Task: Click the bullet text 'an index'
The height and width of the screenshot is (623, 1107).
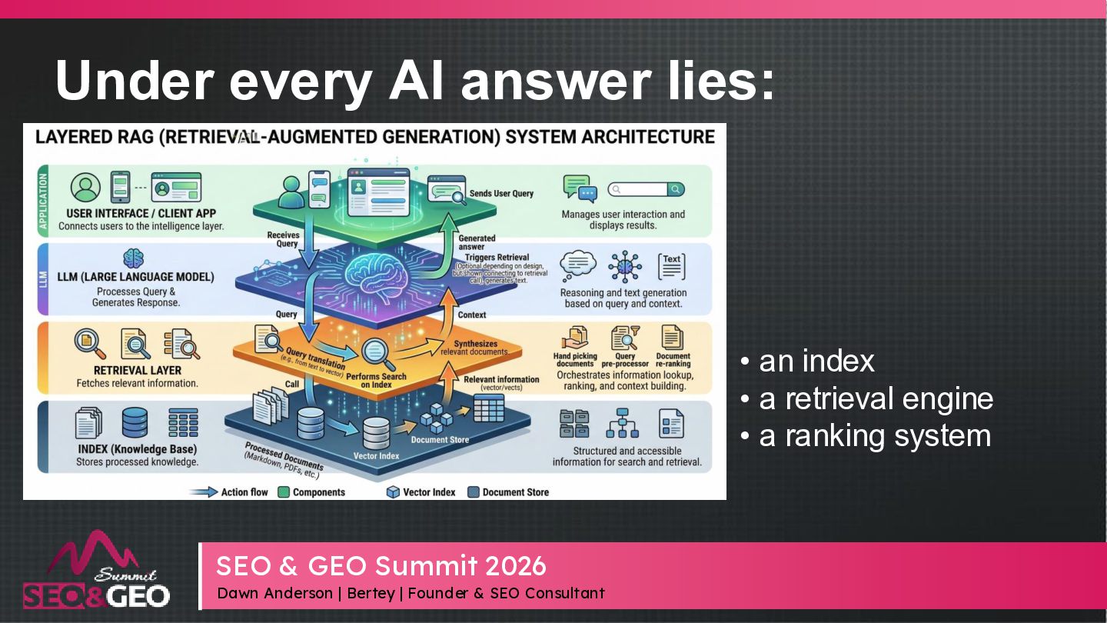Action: [x=816, y=361]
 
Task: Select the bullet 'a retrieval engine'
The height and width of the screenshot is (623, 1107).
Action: [x=876, y=398]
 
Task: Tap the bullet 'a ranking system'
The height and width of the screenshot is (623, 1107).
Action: [x=874, y=435]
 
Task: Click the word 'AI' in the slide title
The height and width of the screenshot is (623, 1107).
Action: [x=417, y=79]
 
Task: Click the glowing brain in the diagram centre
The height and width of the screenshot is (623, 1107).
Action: [x=376, y=272]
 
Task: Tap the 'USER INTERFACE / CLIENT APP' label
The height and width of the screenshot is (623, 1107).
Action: [x=141, y=213]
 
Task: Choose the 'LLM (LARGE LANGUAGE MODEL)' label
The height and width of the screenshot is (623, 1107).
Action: [x=135, y=276]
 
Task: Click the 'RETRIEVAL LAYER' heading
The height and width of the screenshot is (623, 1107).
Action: [x=138, y=370]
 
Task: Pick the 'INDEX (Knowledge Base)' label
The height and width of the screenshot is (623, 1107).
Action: [x=137, y=449]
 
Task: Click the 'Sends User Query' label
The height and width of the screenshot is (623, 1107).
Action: [x=501, y=193]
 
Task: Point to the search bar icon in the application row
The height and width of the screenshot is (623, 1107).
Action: [x=645, y=189]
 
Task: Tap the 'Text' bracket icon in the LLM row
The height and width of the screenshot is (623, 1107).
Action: [x=672, y=265]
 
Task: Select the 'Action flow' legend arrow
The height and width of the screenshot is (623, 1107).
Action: [x=203, y=492]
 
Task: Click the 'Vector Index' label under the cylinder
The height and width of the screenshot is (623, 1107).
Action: [x=377, y=456]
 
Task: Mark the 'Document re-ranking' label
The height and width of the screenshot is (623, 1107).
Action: [x=673, y=359]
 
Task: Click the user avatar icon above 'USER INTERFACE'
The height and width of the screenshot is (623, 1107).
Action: [x=85, y=187]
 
